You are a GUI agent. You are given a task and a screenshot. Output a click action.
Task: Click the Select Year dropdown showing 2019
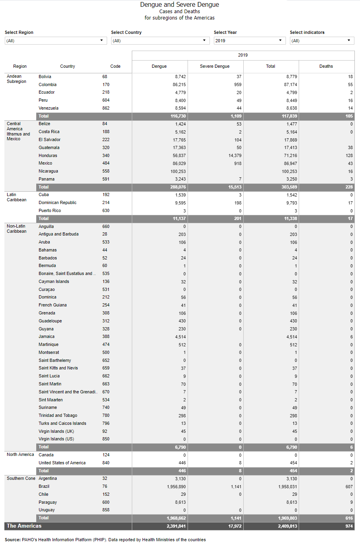click(x=249, y=41)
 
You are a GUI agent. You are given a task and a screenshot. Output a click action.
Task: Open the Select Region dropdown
click(x=56, y=41)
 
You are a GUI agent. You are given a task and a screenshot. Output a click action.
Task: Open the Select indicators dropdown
click(x=322, y=41)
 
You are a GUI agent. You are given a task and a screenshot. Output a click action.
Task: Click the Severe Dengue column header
click(x=215, y=66)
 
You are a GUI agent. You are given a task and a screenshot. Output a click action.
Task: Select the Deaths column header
click(x=326, y=66)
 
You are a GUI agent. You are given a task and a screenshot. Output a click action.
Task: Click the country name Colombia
click(x=47, y=84)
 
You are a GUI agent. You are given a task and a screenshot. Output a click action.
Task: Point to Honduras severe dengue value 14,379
click(x=235, y=155)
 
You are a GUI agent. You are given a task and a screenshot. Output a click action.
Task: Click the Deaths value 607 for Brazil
click(x=349, y=487)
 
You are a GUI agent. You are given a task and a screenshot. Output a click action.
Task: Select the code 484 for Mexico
click(x=106, y=163)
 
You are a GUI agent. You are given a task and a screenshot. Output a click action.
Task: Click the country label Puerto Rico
click(x=50, y=210)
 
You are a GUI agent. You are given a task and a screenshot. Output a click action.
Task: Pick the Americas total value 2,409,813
click(x=288, y=526)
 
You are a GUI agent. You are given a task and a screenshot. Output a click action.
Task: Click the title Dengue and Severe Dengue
click(x=180, y=5)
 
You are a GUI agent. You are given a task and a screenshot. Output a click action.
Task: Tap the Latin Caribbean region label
click(x=17, y=197)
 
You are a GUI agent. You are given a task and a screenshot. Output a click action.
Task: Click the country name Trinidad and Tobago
click(x=58, y=415)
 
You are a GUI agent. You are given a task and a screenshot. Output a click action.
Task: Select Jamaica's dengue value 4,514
click(x=180, y=337)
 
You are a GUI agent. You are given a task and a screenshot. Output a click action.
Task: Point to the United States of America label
click(x=62, y=463)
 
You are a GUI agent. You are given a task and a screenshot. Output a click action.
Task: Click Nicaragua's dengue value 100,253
click(x=178, y=171)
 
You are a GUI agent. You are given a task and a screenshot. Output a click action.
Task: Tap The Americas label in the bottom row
click(x=24, y=526)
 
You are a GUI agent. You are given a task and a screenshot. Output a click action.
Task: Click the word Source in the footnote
click(x=12, y=540)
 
